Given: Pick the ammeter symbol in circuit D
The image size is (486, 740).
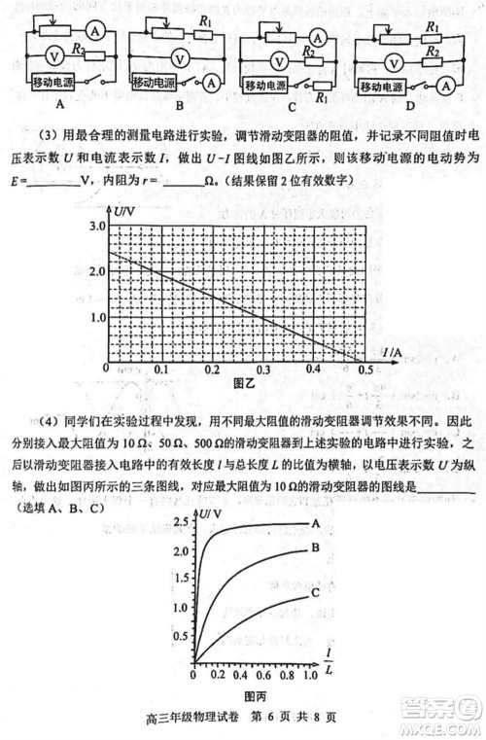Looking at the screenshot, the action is (444, 86).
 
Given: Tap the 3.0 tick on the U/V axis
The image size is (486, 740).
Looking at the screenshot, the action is (97, 226).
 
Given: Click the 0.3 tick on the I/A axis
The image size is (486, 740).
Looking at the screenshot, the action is (262, 370).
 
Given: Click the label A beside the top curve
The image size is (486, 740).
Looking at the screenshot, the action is (316, 523).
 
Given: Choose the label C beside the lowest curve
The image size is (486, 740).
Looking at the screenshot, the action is (316, 592).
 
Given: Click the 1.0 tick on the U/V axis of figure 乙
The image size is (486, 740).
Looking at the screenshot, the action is (97, 318).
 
